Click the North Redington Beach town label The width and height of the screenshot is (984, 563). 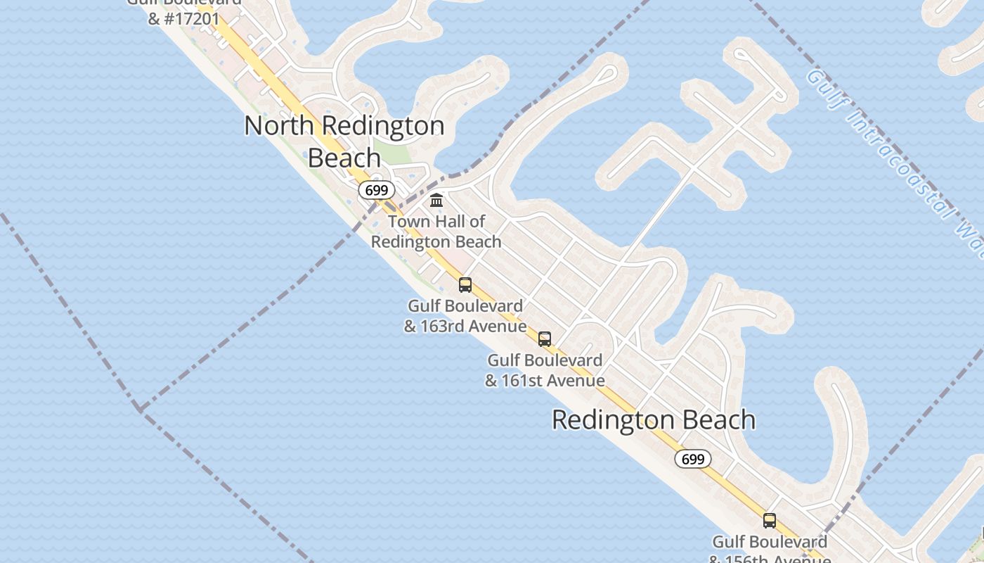(x=344, y=141)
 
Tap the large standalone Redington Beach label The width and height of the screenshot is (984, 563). (x=653, y=420)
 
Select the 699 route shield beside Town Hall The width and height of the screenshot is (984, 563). (x=377, y=190)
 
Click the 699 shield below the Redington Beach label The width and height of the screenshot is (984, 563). (x=692, y=460)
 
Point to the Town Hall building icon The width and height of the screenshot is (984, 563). (x=436, y=201)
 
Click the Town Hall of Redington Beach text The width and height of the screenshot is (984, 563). (x=436, y=232)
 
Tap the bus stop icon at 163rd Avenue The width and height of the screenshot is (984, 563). (x=465, y=285)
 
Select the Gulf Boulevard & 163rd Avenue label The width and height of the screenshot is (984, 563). (x=465, y=316)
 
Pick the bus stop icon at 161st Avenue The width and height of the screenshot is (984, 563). (x=545, y=339)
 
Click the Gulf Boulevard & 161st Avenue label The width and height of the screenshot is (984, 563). (x=545, y=370)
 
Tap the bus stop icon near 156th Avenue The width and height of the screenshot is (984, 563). (x=770, y=521)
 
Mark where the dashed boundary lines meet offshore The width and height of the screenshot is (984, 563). (x=140, y=408)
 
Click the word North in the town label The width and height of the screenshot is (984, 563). (x=279, y=126)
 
